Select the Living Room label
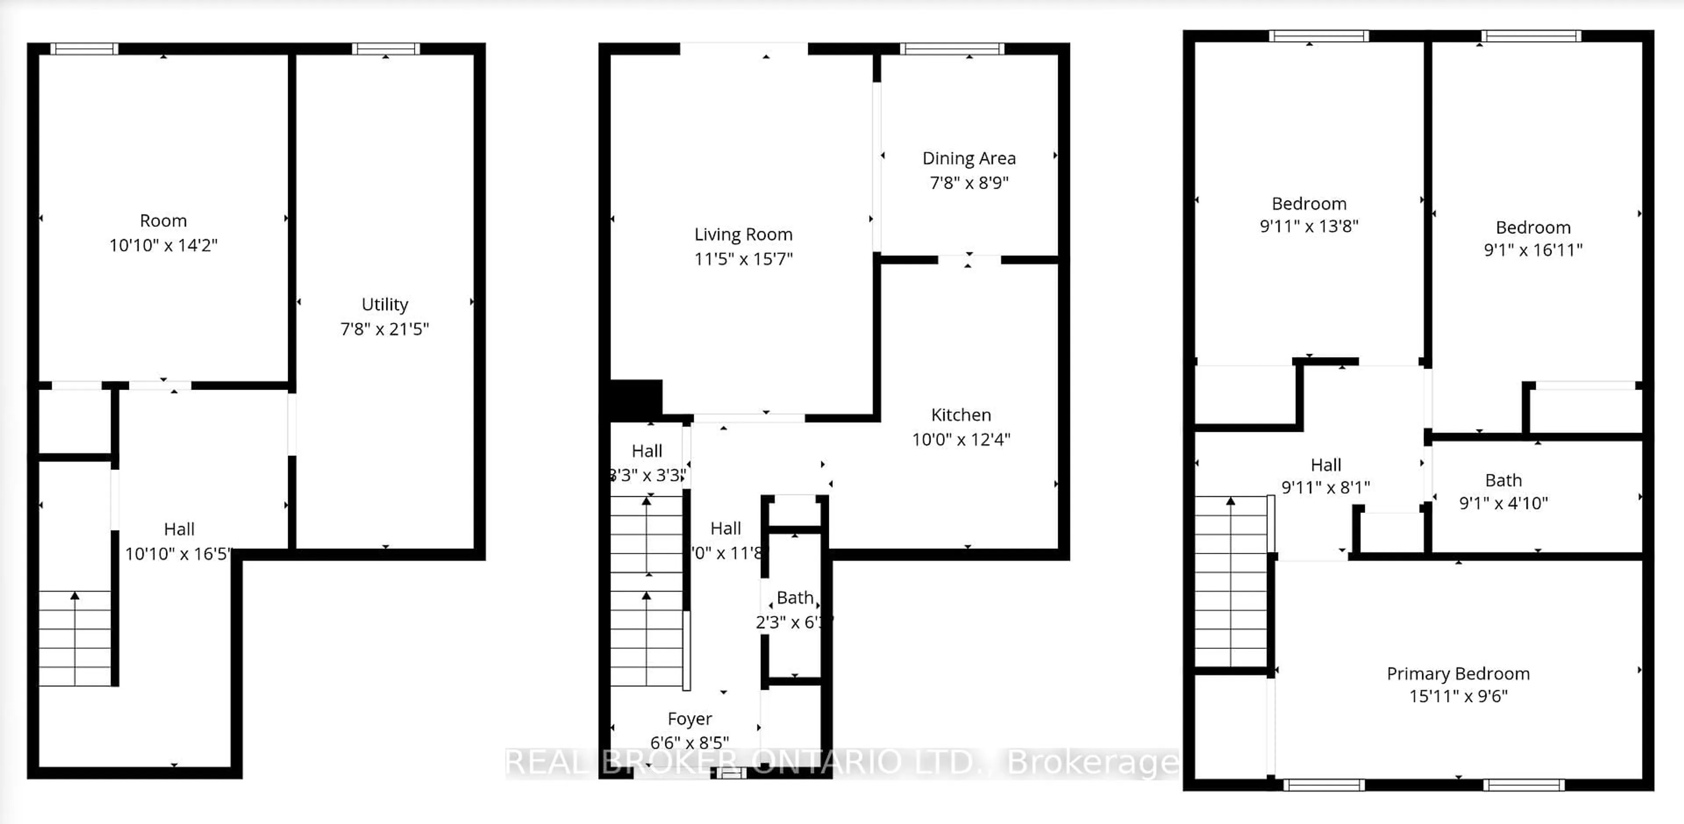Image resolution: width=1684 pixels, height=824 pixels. coord(743,234)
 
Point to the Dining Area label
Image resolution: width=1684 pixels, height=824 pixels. coord(969,158)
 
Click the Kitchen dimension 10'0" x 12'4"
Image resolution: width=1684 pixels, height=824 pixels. coord(961,440)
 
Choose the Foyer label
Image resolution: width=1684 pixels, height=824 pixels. coord(690,719)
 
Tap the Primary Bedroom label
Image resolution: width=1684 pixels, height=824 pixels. coord(1458,674)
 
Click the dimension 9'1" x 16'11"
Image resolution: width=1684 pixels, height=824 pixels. coord(1533,250)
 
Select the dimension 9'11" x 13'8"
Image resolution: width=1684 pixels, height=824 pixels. coord(1309,226)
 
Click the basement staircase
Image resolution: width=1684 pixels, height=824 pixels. coord(75,638)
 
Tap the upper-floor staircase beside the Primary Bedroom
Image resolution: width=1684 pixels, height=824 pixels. coord(1231,582)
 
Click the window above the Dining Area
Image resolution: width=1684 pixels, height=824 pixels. coord(952,48)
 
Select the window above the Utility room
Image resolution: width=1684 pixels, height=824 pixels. coord(386,48)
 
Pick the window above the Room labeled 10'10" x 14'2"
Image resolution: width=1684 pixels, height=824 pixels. coord(84,48)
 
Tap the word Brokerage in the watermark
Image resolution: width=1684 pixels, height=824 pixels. coord(1093,763)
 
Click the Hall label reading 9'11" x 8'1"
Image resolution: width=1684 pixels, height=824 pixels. coord(1325,465)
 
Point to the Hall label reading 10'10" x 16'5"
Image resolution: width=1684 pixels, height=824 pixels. coord(178,529)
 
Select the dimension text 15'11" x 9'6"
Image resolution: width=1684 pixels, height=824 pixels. coord(1458,696)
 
